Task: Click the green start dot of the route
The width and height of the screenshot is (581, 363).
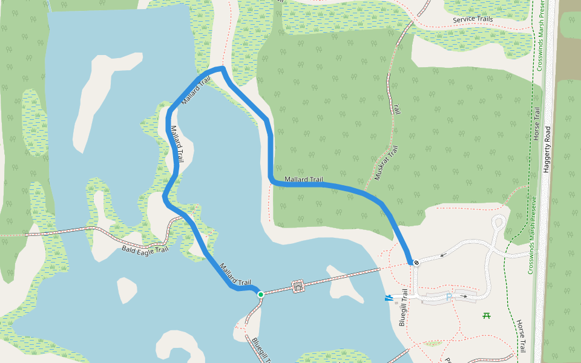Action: [261, 294]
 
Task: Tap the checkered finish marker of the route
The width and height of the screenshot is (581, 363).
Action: [416, 263]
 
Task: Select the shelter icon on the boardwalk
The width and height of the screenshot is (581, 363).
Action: [298, 286]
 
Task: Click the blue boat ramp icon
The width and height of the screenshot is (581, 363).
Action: [388, 297]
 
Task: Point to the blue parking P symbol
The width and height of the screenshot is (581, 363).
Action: [448, 297]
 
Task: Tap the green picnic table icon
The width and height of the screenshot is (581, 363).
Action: [486, 315]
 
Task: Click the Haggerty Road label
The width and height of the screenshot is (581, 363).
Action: [547, 149]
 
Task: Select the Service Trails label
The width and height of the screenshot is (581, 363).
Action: [473, 19]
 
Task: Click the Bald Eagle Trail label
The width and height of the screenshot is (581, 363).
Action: [145, 248]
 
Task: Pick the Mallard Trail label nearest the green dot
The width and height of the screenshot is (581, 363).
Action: [235, 274]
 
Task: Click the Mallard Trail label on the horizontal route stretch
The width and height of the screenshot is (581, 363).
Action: [304, 179]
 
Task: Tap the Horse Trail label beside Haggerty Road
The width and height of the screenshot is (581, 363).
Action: [536, 124]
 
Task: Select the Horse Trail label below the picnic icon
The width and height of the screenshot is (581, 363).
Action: [521, 336]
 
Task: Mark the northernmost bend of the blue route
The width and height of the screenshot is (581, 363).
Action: [222, 68]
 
